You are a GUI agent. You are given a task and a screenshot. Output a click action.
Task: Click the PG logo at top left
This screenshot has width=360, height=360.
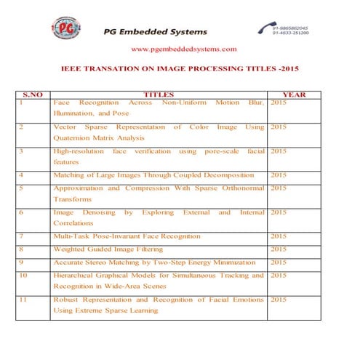click(x=66, y=29)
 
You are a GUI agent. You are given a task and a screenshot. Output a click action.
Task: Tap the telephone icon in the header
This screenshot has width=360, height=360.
click(x=263, y=28)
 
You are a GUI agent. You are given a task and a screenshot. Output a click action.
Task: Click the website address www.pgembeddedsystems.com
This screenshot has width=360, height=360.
click(x=183, y=49)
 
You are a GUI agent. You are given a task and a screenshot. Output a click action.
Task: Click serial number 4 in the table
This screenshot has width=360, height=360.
click(x=22, y=175)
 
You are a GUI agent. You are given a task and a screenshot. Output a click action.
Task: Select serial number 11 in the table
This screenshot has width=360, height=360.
click(x=24, y=299)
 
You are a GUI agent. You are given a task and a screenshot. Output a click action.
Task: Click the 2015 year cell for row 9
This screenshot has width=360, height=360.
click(x=279, y=262)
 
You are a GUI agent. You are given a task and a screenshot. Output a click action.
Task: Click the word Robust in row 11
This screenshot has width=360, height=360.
click(x=66, y=299)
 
